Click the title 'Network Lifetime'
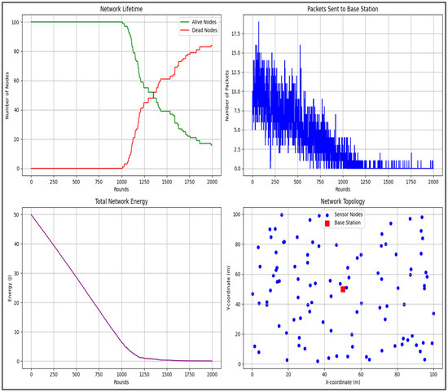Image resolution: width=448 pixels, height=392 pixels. click(121, 7)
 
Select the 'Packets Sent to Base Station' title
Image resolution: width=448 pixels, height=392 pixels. click(343, 7)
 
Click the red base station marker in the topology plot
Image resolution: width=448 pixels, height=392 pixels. click(343, 289)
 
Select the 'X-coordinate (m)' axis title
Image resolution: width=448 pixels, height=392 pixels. click(343, 381)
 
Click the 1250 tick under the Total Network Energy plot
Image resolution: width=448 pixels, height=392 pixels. click(143, 375)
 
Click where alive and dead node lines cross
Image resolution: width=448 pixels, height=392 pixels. click(151, 96)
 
